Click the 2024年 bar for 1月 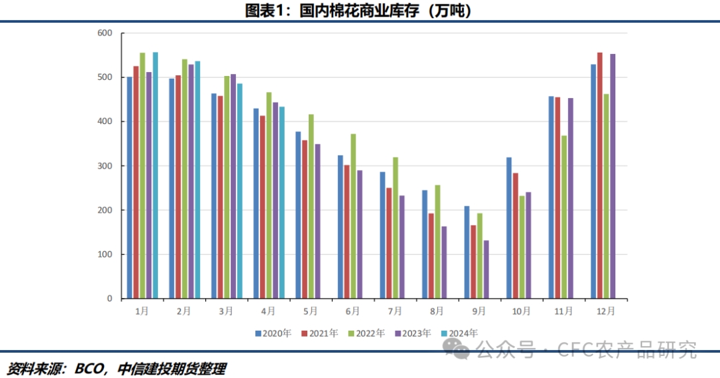click(155, 175)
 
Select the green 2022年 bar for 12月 click(606, 196)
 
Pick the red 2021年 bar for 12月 click(600, 175)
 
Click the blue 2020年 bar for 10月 click(509, 228)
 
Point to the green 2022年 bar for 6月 click(353, 216)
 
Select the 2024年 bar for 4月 click(282, 203)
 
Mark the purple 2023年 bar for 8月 click(444, 263)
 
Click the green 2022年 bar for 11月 click(564, 217)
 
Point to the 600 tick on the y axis click(105, 33)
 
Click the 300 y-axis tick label click(105, 166)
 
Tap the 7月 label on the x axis click(395, 311)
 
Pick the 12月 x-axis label click(606, 311)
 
